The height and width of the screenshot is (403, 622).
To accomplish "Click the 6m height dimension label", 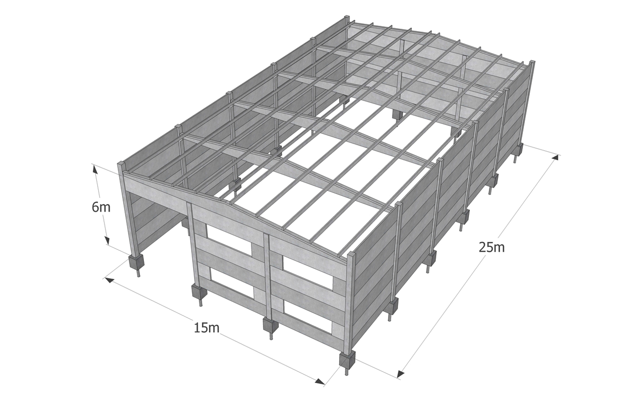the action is click(101, 207).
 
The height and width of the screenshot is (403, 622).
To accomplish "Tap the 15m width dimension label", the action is click(207, 328).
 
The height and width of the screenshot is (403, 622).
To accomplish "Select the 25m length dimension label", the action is click(491, 247).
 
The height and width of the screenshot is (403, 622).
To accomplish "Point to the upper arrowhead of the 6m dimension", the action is click(95, 169).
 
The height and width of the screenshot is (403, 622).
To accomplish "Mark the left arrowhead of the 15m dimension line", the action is click(109, 280).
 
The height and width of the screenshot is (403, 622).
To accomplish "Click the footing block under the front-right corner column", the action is click(347, 360).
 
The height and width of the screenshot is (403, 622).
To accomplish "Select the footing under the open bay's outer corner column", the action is click(137, 262).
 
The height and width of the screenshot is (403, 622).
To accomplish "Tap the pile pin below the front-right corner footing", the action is click(346, 371).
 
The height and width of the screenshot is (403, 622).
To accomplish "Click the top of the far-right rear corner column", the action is click(532, 62).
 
